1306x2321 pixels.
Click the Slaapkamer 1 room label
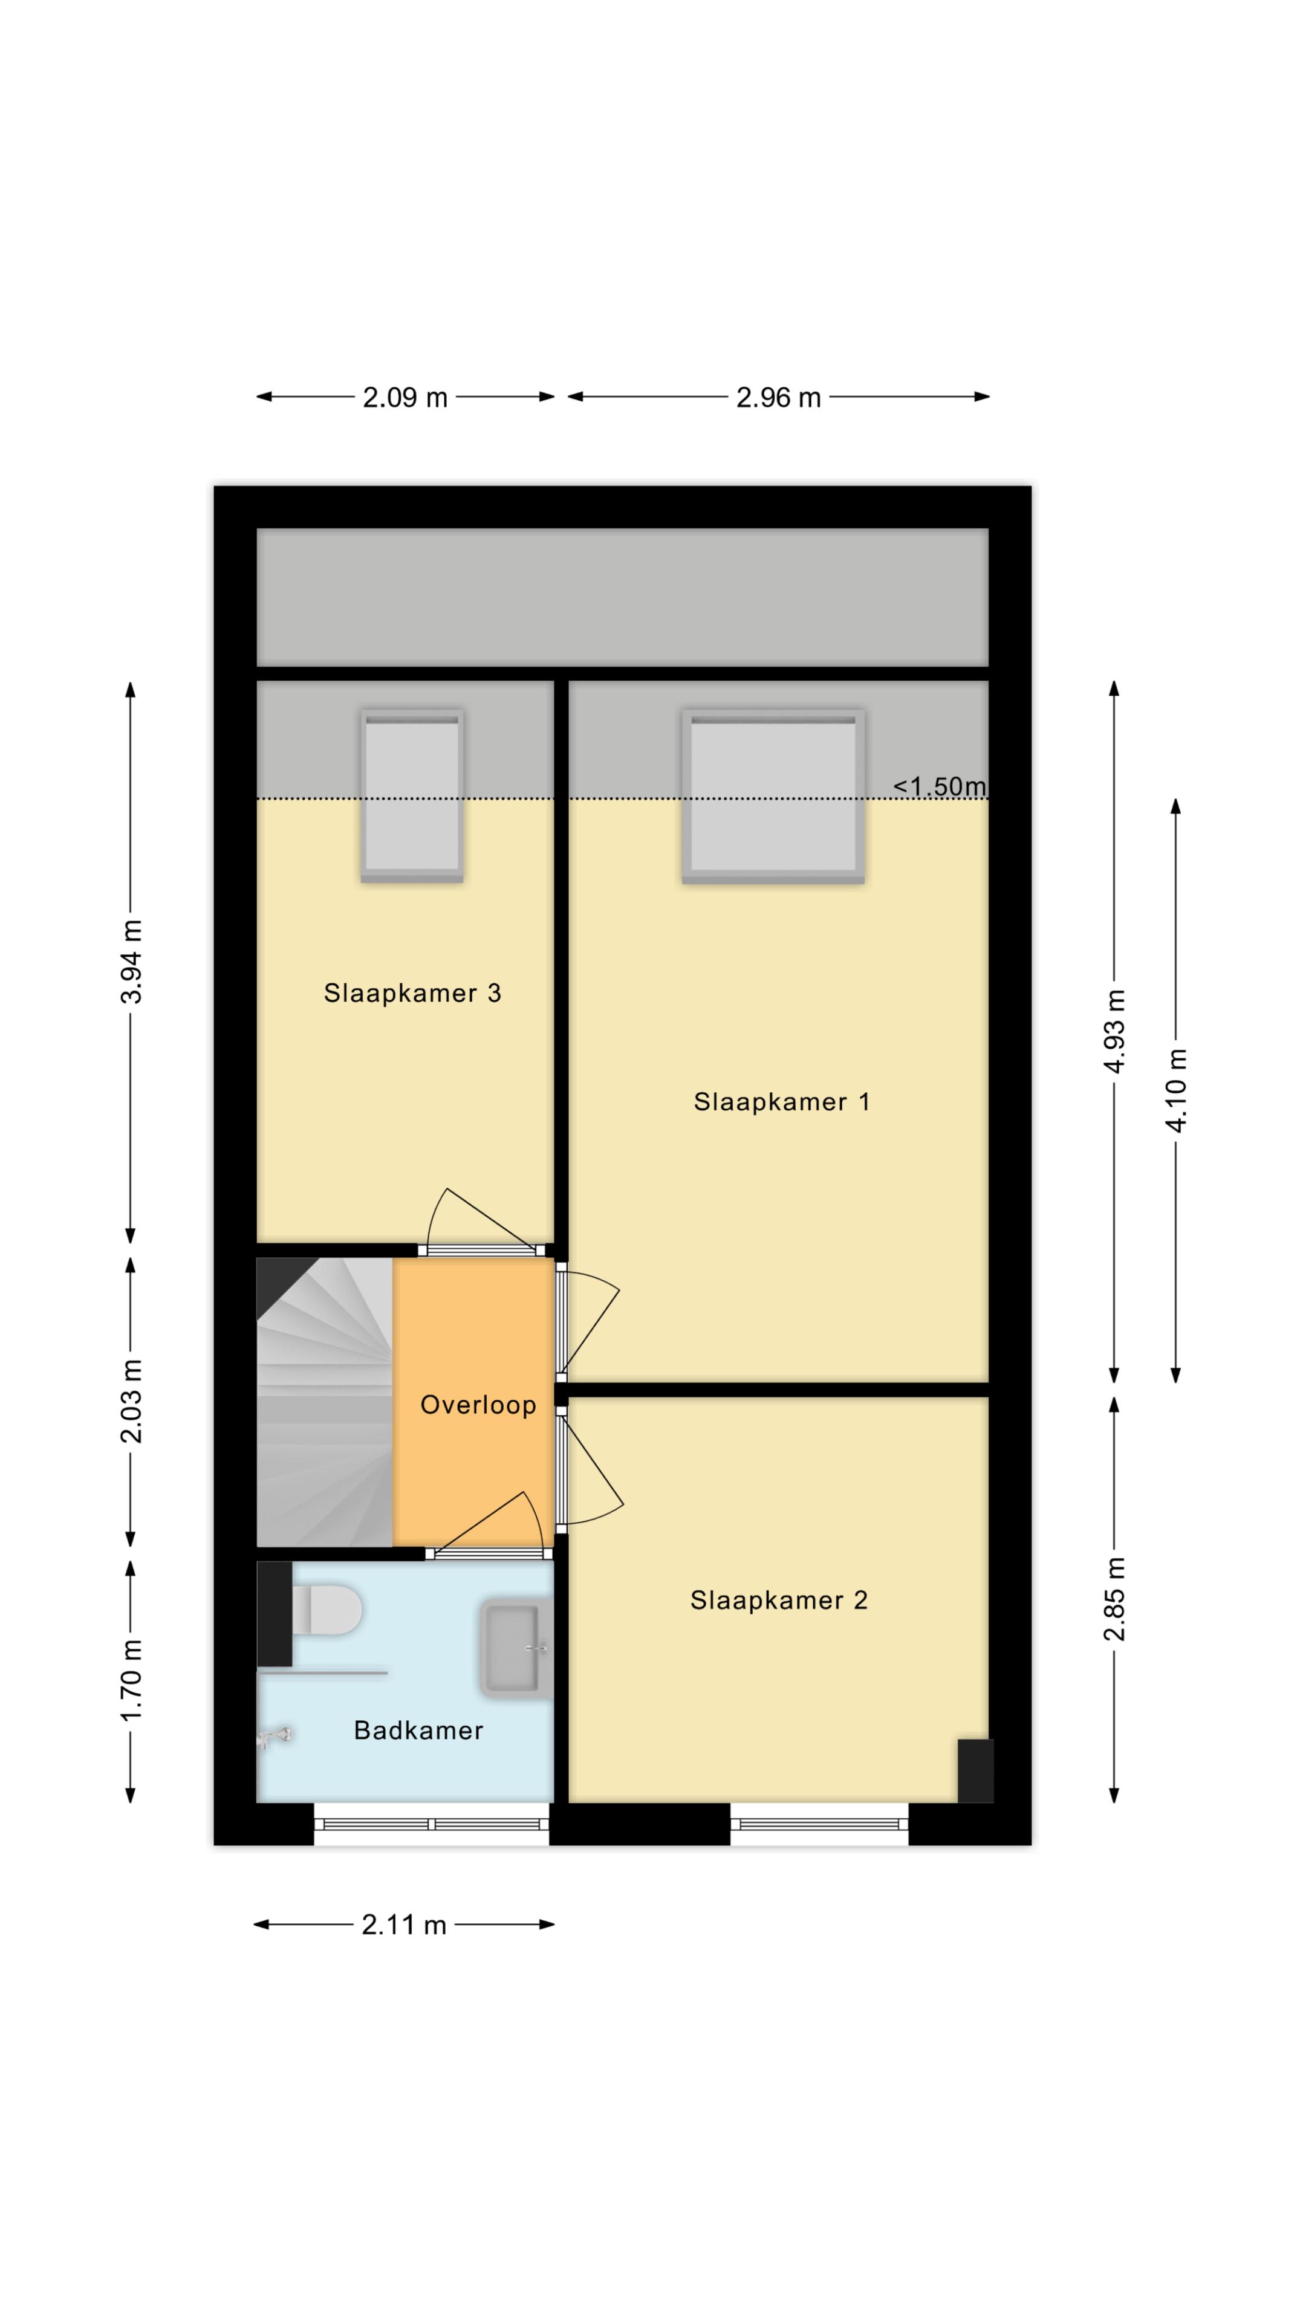[781, 1102]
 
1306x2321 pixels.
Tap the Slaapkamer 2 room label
[779, 1600]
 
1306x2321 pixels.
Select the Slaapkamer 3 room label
[412, 993]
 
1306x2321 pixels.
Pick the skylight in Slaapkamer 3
[412, 795]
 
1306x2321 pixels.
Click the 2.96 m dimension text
[779, 397]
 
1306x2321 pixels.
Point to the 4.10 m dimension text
[1176, 1090]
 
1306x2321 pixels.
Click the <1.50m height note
[939, 786]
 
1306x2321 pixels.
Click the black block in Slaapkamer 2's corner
[975, 1770]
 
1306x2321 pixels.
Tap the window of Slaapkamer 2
[819, 1825]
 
